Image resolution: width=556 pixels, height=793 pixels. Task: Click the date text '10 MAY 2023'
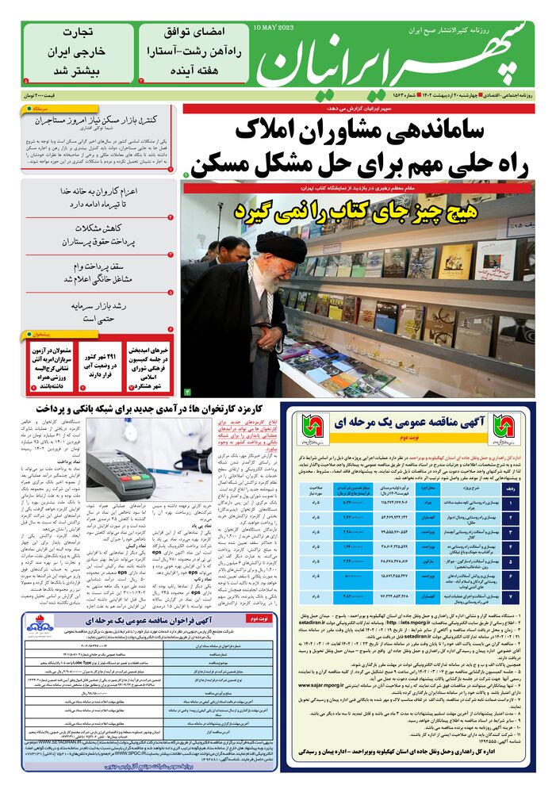pyautogui.click(x=274, y=28)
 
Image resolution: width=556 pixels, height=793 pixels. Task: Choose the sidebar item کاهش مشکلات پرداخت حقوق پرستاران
pyautogui.click(x=99, y=235)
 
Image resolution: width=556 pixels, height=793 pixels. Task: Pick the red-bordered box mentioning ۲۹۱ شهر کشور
pyautogui.click(x=102, y=362)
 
